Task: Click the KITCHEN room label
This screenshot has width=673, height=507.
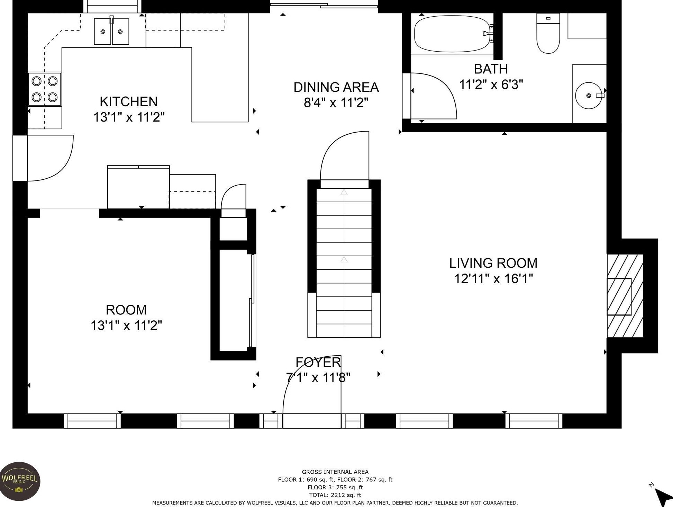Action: [x=129, y=101]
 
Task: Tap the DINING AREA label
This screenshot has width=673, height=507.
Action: [x=336, y=87]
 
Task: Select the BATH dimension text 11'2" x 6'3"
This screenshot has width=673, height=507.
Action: [x=491, y=84]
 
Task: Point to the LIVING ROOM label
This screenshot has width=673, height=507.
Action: [x=493, y=263]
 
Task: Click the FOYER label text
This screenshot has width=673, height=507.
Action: [x=318, y=362]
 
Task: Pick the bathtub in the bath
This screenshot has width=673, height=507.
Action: [x=454, y=34]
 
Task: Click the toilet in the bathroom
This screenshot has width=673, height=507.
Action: [x=548, y=33]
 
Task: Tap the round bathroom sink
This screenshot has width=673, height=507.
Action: [x=589, y=95]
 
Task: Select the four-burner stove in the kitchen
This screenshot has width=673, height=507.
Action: [x=45, y=89]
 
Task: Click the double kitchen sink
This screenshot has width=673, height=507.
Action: [x=111, y=32]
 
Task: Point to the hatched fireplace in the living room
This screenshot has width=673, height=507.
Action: [x=625, y=296]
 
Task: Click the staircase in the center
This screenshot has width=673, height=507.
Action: [x=344, y=263]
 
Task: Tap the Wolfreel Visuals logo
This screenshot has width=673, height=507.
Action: [x=20, y=481]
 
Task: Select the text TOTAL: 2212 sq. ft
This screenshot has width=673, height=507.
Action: [x=335, y=495]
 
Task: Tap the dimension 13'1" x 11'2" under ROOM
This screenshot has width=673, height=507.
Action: [x=126, y=326]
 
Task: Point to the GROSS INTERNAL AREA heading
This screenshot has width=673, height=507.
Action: [x=335, y=472]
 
